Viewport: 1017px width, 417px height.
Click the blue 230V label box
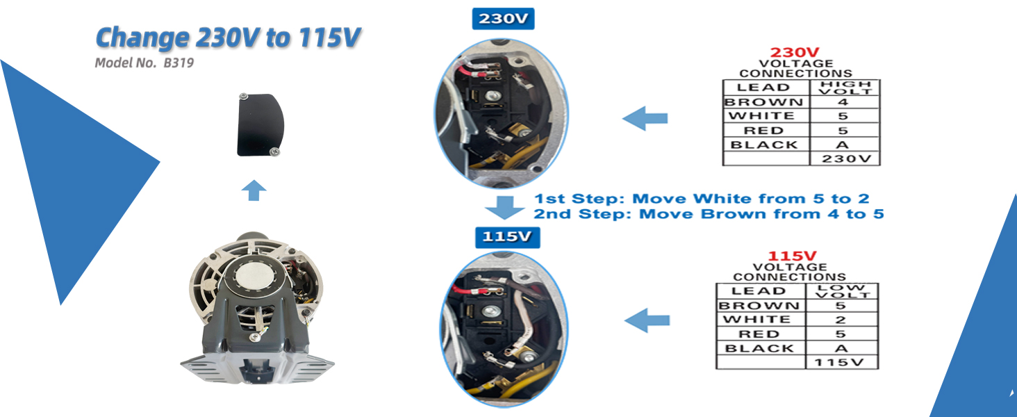503,19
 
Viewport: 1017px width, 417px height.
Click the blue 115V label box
507,237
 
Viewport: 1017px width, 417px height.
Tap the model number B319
179,63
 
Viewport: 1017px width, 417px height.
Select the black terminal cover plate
260,125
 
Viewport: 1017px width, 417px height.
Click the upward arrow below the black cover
254,190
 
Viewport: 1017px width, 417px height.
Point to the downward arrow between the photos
504,208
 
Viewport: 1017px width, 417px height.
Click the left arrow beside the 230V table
645,119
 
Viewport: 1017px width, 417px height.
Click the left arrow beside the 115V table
647,320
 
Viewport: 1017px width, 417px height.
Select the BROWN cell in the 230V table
766,101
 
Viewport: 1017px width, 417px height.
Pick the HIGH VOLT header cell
845,87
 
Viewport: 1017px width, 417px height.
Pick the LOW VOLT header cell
841,291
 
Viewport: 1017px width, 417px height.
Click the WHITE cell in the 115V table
761,319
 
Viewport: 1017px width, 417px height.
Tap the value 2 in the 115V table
841,320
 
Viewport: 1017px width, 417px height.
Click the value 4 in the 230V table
843,101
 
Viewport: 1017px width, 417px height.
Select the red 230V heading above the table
795,52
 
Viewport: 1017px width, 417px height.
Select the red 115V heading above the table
792,256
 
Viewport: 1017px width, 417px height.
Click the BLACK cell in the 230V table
766,145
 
